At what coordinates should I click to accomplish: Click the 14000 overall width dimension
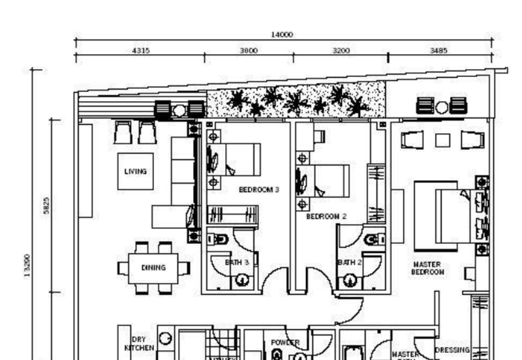click(x=281, y=35)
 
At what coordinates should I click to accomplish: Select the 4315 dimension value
click(x=141, y=50)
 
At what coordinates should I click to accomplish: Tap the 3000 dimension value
click(x=249, y=50)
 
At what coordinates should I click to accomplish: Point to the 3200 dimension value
click(x=341, y=50)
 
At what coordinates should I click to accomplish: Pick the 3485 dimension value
click(x=438, y=50)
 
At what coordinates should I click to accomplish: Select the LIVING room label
click(x=136, y=172)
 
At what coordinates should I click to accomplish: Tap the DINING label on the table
click(x=153, y=267)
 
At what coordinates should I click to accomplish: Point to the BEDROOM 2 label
click(x=326, y=216)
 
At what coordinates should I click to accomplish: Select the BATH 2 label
click(x=346, y=262)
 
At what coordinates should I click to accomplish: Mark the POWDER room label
click(x=284, y=342)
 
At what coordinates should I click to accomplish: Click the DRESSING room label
click(x=452, y=350)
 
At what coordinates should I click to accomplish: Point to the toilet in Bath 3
click(x=220, y=239)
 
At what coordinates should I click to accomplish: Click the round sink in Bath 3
click(x=241, y=281)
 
